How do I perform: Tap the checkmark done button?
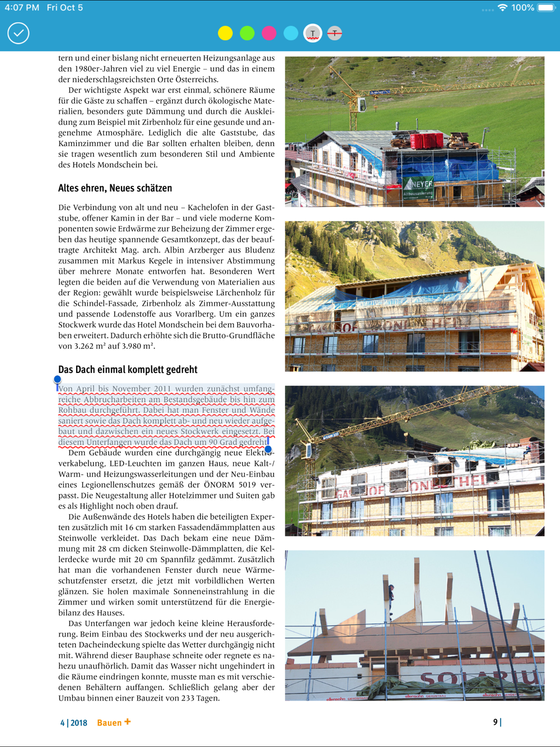pyautogui.click(x=18, y=33)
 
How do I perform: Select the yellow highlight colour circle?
pyautogui.click(x=225, y=33)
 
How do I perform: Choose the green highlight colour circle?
pyautogui.click(x=247, y=33)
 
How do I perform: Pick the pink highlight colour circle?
pyautogui.click(x=269, y=33)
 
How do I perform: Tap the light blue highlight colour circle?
pyautogui.click(x=291, y=33)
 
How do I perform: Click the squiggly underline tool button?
pyautogui.click(x=312, y=33)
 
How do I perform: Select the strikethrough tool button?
pyautogui.click(x=334, y=33)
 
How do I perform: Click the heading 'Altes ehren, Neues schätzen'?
pyautogui.click(x=115, y=188)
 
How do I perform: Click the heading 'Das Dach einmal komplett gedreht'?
pyautogui.click(x=128, y=370)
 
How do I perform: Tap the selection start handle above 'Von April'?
pyautogui.click(x=57, y=380)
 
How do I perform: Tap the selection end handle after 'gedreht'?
pyautogui.click(x=268, y=449)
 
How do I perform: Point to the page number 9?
pyautogui.click(x=495, y=722)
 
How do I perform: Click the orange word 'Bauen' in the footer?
pyautogui.click(x=109, y=723)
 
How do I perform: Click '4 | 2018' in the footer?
pyautogui.click(x=74, y=723)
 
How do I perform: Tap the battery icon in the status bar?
pyautogui.click(x=545, y=8)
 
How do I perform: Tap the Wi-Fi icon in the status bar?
pyautogui.click(x=502, y=8)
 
